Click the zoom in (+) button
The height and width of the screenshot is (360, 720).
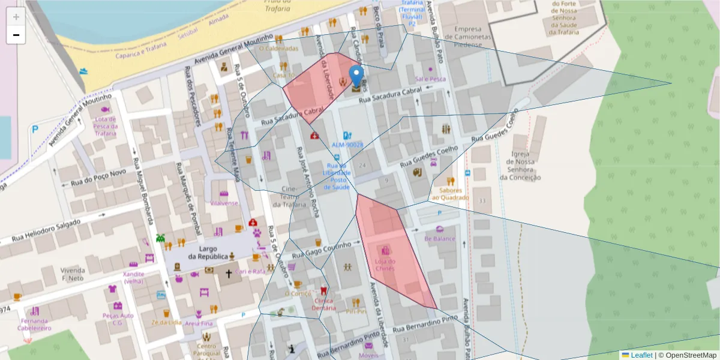pyautogui.click(x=16, y=17)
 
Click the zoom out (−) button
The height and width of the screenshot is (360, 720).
pyautogui.click(x=16, y=35)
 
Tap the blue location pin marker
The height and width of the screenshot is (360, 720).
pyautogui.click(x=356, y=77)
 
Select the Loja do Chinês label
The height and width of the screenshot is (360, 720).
pyautogui.click(x=385, y=265)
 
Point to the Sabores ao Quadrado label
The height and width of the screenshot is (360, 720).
pyautogui.click(x=450, y=193)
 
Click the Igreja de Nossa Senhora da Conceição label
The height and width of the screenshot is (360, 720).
pyautogui.click(x=520, y=165)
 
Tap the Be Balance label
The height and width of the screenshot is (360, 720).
pyautogui.click(x=440, y=238)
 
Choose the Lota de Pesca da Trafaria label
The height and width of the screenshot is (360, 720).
pyautogui.click(x=106, y=126)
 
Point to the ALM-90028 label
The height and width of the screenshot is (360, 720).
pyautogui.click(x=347, y=145)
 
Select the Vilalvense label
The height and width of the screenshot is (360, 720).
pyautogui.click(x=224, y=203)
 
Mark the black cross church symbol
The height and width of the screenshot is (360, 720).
pyautogui.click(x=228, y=274)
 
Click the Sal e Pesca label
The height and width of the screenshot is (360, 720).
pyautogui.click(x=431, y=79)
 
